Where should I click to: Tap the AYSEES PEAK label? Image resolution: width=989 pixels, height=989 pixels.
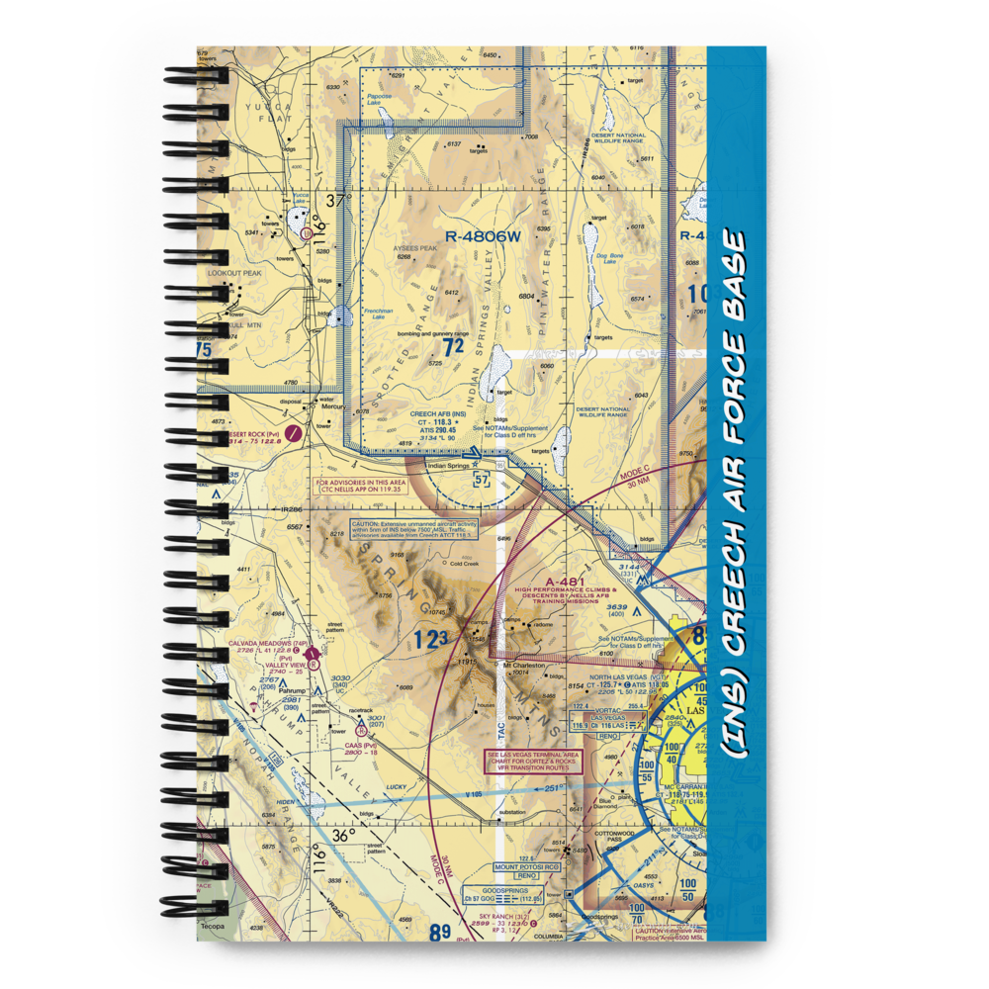point(415,248)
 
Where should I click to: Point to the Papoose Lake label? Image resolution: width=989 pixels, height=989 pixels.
point(380,99)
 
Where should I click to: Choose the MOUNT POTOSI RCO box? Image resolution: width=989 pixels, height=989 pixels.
point(527,867)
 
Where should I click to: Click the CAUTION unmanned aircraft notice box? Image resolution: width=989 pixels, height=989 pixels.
point(412,530)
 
